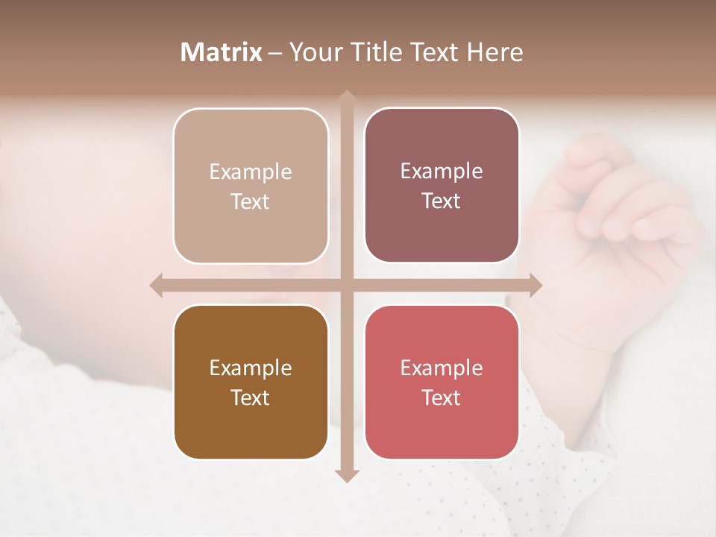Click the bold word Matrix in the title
(x=222, y=52)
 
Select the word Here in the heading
(x=494, y=52)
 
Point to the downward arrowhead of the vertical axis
(x=347, y=475)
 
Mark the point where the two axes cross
(x=347, y=285)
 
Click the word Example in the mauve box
(x=442, y=171)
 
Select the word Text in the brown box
(x=251, y=398)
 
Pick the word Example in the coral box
(x=442, y=368)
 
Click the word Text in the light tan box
(x=251, y=201)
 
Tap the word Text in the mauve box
(x=442, y=201)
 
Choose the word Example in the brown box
(x=251, y=368)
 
